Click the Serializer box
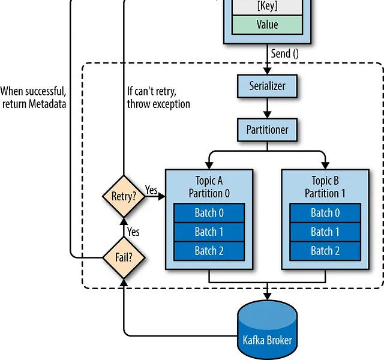268,86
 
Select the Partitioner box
268,130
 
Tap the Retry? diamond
124,196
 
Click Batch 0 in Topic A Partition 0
209,213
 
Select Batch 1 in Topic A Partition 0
209,232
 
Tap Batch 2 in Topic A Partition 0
209,251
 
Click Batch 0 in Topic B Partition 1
325,213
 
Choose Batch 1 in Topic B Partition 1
325,232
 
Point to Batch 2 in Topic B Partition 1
325,251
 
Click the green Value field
268,25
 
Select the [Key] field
268,7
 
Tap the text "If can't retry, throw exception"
158,98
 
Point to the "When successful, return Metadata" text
33,98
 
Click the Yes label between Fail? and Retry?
133,231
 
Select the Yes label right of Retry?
151,190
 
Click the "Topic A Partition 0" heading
209,187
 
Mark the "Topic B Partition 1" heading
325,187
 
